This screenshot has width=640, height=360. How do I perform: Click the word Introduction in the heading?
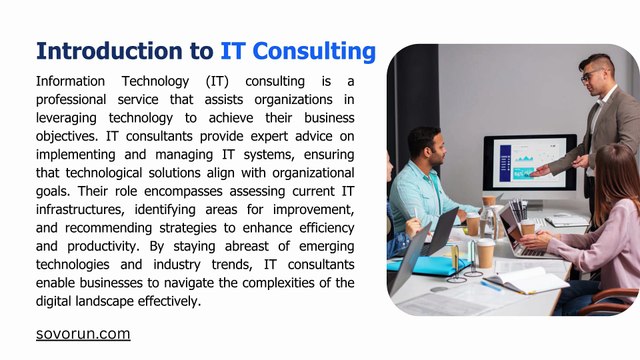tap(110, 51)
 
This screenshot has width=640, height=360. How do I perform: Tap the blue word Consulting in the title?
tap(314, 52)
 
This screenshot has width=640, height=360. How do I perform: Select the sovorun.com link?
tap(83, 334)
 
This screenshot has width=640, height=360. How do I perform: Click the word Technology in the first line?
tap(155, 81)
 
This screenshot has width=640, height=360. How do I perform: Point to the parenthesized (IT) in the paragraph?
tap(217, 82)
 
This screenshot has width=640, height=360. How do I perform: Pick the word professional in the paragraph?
tap(71, 100)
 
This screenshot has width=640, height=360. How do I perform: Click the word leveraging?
tap(66, 118)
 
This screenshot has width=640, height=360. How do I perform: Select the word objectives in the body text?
tap(66, 136)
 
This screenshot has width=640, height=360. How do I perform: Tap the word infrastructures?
tap(80, 209)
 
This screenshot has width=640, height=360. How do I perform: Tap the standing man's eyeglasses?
tap(590, 75)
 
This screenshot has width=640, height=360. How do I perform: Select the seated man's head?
tap(424, 145)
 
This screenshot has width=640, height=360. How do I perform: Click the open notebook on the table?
tap(527, 281)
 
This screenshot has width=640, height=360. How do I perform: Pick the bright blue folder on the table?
tap(429, 266)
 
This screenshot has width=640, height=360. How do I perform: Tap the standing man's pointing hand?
tap(540, 171)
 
